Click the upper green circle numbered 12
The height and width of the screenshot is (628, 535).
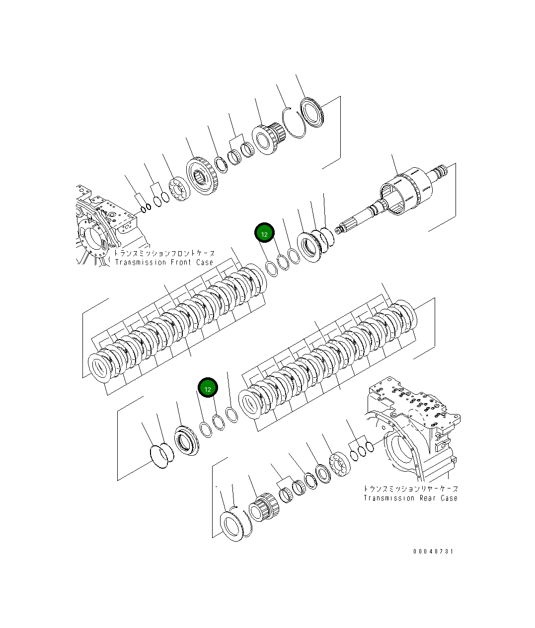[x=264, y=233]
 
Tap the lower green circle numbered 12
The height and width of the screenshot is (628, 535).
[x=208, y=388]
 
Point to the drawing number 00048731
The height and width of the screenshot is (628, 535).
[x=433, y=552]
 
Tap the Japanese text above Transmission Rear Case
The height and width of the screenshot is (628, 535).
[x=410, y=489]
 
